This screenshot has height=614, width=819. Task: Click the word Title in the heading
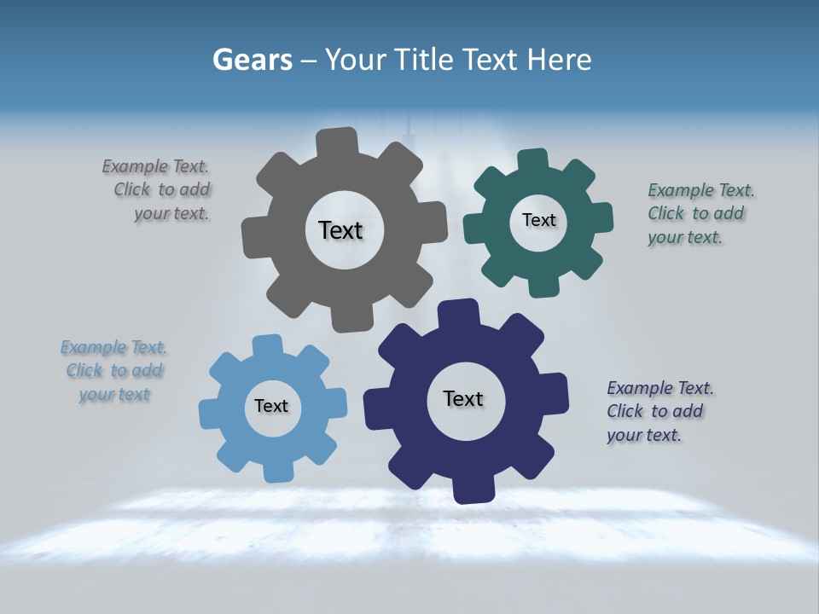(x=423, y=60)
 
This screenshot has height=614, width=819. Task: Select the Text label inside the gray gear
(x=340, y=230)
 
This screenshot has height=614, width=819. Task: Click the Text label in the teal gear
(x=538, y=220)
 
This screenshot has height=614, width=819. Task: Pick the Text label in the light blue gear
(x=271, y=406)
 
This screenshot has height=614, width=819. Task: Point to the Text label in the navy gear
(x=463, y=398)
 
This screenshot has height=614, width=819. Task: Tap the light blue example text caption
(x=113, y=371)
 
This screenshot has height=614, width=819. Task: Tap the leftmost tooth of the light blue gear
(x=210, y=414)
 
